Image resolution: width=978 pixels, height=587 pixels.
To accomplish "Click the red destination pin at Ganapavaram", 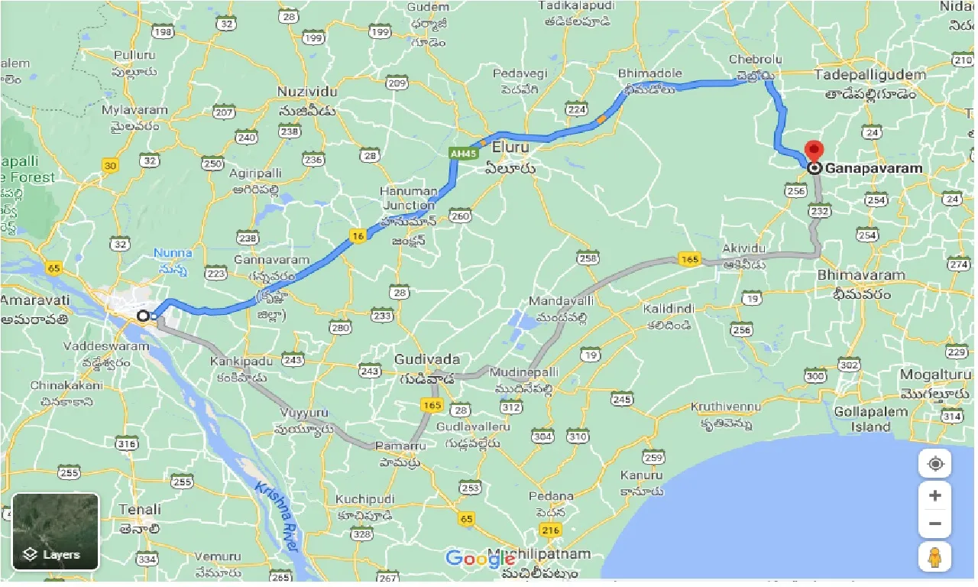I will coord(815,151).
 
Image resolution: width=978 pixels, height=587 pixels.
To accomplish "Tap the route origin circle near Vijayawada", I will coord(143,316).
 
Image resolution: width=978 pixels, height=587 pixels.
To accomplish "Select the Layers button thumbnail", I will coord(56,532).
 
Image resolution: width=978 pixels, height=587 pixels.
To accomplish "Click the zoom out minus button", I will coord(934,525).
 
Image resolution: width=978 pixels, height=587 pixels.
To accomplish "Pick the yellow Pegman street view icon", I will coord(934,557).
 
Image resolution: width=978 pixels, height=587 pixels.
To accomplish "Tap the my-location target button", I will coord(934,464).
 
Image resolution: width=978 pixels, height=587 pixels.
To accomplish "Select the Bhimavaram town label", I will coord(861,275).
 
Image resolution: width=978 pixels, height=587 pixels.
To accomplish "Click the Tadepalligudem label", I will coord(870,75).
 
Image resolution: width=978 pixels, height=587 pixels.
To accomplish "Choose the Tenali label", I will coord(140,509).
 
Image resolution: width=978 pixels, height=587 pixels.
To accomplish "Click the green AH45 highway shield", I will coord(459,154).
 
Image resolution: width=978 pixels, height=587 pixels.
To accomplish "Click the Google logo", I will coord(481,559).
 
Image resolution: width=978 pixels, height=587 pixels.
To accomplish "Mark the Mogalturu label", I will coord(934,375).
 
